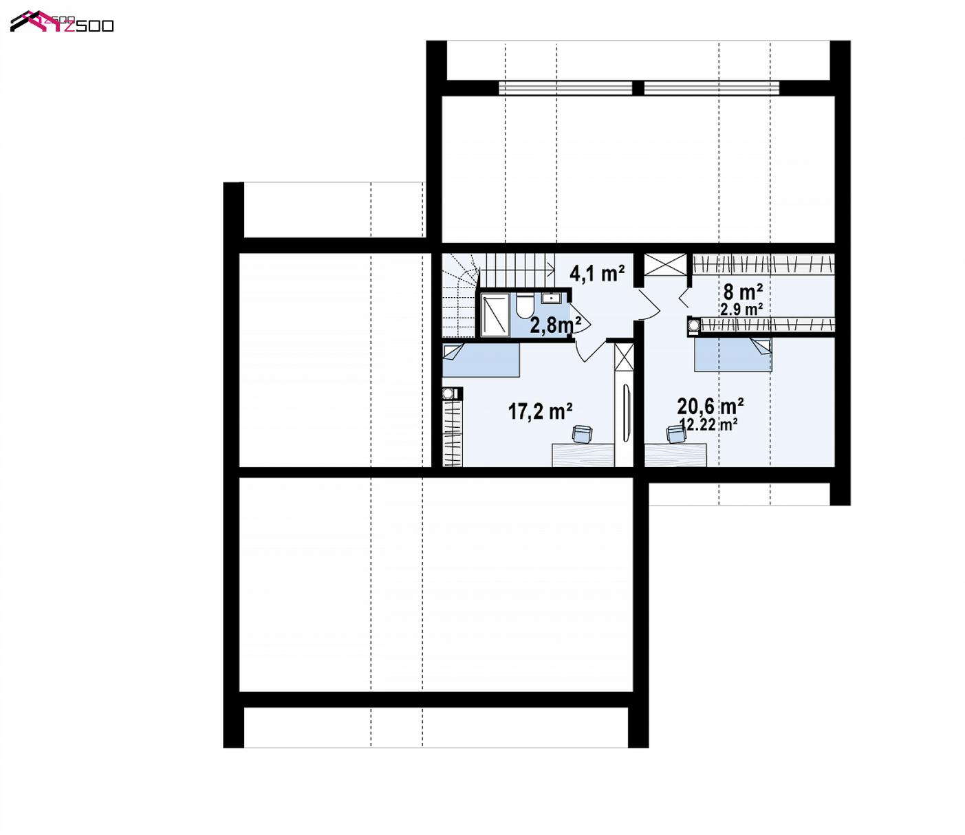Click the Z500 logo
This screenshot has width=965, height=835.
click(62, 21)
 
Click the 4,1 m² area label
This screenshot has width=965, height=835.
click(597, 273)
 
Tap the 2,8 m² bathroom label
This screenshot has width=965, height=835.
click(556, 325)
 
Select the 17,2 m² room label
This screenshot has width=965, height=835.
click(540, 412)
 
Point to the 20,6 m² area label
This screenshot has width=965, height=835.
click(711, 406)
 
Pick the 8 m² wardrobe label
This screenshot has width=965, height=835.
click(744, 292)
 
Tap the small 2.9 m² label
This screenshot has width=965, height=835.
click(741, 309)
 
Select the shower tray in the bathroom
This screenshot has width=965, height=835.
click(495, 314)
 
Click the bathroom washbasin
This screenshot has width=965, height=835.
click(552, 298)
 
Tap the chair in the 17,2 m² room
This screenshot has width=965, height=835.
click(582, 433)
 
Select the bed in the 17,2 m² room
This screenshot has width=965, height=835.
click(481, 360)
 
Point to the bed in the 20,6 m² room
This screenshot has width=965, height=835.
click(733, 355)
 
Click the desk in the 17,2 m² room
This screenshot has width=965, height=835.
click(583, 455)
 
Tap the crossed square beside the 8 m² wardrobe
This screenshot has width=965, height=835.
click(665, 265)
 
